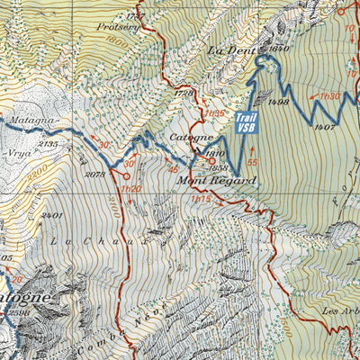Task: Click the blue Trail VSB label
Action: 243,123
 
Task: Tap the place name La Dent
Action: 228,51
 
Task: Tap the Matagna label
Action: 34,119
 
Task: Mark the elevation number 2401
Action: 50,216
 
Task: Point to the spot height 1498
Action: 277,103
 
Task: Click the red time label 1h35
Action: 214,112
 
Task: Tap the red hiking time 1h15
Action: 200,199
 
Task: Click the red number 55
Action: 253,162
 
